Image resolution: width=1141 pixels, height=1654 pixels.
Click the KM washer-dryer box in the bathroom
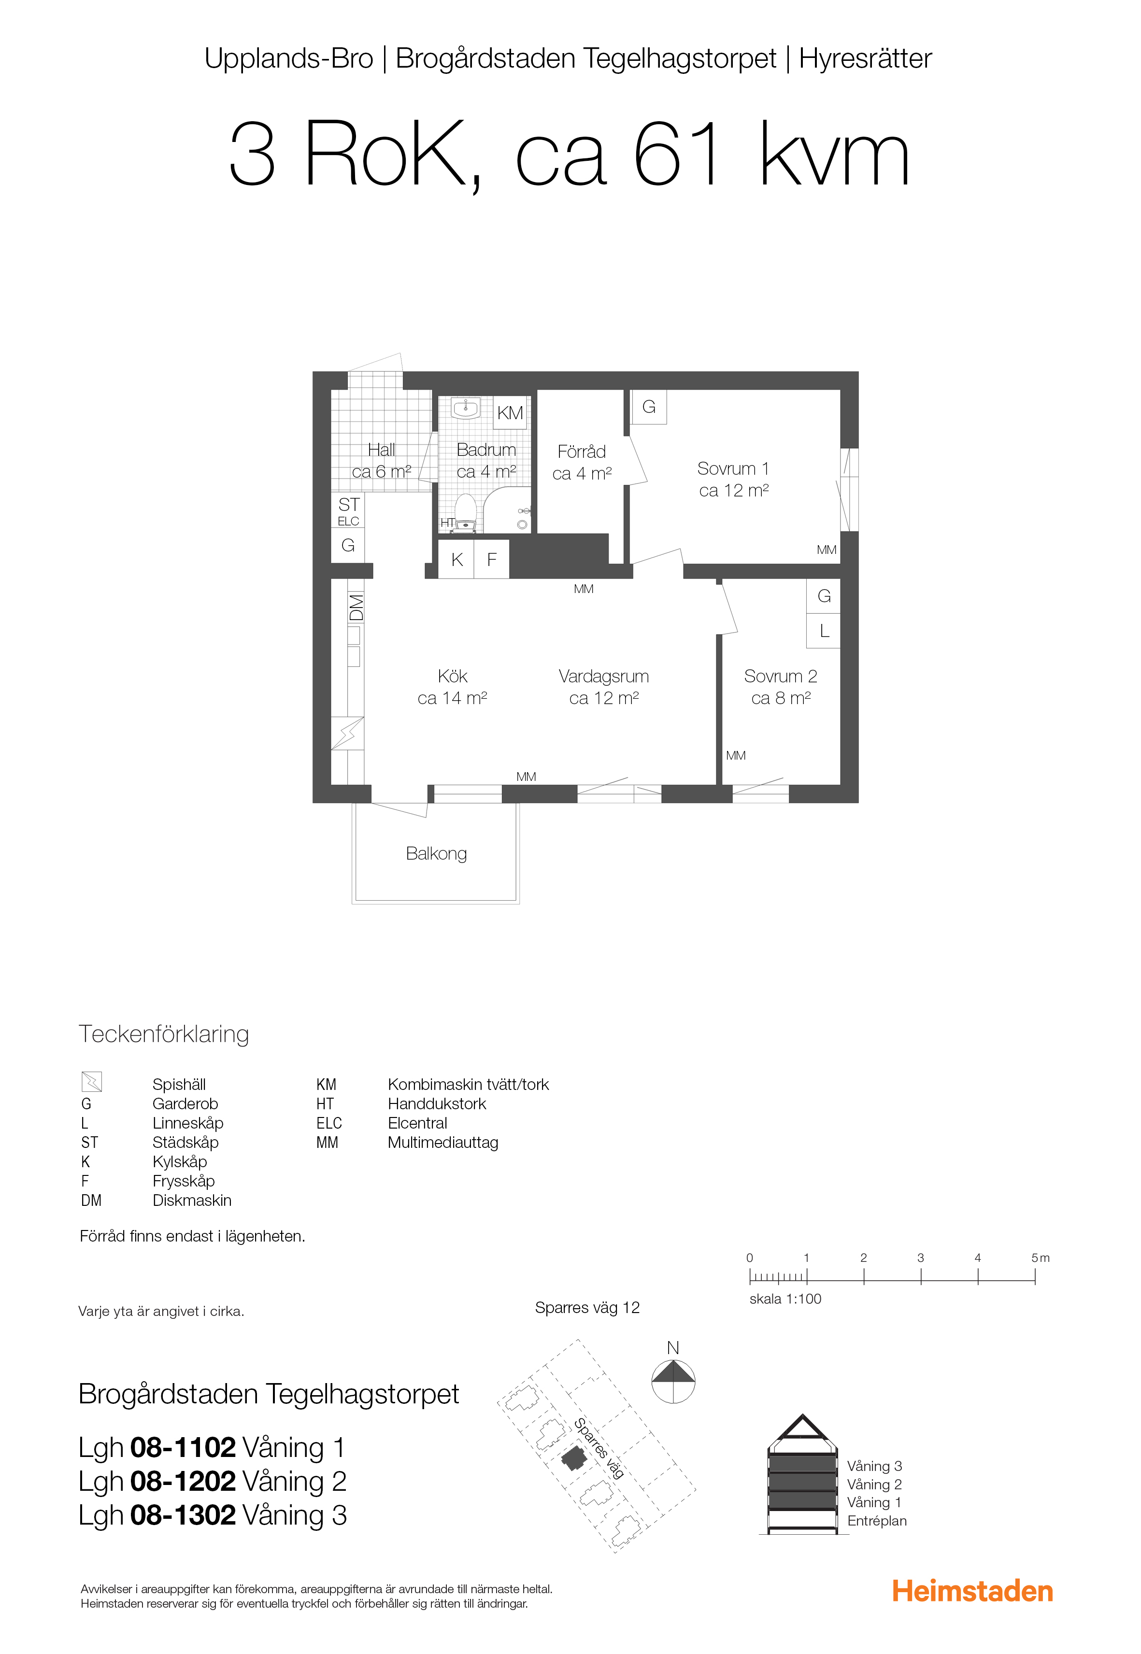(x=511, y=412)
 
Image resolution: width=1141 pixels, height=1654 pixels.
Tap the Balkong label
(x=436, y=853)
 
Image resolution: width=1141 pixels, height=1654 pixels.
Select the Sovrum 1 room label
(x=733, y=479)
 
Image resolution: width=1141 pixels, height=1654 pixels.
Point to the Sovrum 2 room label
(x=781, y=687)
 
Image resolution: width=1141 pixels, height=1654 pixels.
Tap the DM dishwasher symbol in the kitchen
(x=356, y=608)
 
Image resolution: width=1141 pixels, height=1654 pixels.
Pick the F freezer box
(x=492, y=560)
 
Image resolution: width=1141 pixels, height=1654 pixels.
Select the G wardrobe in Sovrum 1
(x=649, y=407)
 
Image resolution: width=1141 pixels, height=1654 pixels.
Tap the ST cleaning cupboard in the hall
(x=348, y=509)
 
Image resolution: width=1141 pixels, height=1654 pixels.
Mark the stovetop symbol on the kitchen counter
(x=347, y=734)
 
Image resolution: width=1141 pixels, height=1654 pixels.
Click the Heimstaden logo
(x=972, y=1592)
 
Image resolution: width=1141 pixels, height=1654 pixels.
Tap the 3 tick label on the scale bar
(x=920, y=1258)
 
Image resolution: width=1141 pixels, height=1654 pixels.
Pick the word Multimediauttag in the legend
(x=443, y=1142)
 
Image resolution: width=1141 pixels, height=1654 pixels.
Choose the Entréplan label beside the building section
(x=877, y=1520)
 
